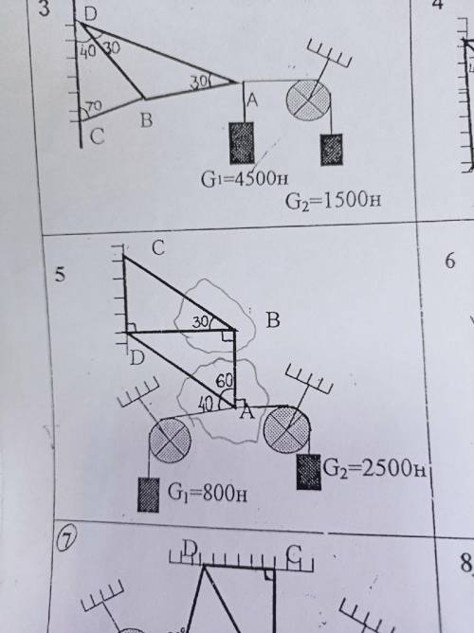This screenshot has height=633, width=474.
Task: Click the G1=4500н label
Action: pos(245,178)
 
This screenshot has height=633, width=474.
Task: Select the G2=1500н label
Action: pos(333,201)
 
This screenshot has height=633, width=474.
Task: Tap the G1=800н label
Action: pos(207,493)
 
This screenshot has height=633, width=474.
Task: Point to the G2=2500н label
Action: pos(374,469)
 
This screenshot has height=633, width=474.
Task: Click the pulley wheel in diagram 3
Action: pos(308,99)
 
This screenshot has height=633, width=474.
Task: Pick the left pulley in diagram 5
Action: pos(170,440)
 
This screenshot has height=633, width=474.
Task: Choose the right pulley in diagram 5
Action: pos(286,429)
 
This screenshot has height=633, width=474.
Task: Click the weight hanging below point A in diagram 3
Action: pos(242,143)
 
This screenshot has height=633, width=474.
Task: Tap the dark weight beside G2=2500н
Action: pos(309,472)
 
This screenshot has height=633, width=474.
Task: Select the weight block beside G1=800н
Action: pos(148,495)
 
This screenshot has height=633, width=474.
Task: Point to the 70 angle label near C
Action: pos(94,107)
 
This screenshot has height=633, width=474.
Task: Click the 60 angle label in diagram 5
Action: pos(224,380)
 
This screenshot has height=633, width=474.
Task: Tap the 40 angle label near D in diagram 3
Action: pos(87,51)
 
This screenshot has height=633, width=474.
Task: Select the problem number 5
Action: pos(60,275)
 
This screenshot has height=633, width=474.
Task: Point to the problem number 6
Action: pos(450,261)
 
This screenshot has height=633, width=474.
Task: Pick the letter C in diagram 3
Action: pos(98,136)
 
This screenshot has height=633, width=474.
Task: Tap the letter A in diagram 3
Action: pos(252,99)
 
